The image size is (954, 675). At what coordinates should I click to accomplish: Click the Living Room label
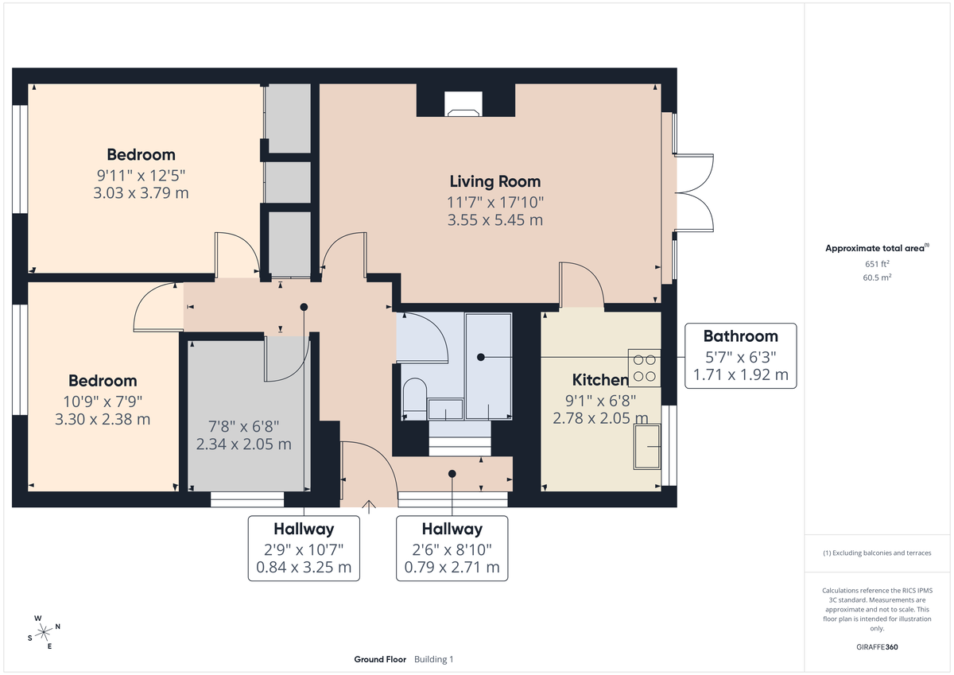point(494,181)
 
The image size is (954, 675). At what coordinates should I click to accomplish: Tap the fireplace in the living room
point(463,103)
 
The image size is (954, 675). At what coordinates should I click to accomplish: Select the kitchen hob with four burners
point(645,366)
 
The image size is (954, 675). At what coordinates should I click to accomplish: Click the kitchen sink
point(646,446)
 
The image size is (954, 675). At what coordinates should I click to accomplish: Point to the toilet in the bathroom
point(414,397)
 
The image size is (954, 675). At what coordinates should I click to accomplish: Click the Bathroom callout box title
point(740,336)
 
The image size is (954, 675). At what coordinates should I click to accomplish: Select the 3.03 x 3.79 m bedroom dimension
point(142,193)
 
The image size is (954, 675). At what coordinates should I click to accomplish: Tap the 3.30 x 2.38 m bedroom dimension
point(103,419)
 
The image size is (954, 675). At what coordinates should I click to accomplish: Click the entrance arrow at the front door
point(368,503)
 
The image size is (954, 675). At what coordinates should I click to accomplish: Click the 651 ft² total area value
point(877,264)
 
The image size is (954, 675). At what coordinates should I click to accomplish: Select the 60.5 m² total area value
point(877,277)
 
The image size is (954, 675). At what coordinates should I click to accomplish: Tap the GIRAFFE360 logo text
point(877,647)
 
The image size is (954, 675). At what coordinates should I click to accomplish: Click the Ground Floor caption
point(380,659)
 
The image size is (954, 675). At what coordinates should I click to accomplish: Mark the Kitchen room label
point(600,380)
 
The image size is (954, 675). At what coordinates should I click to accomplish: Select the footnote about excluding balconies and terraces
point(877,553)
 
